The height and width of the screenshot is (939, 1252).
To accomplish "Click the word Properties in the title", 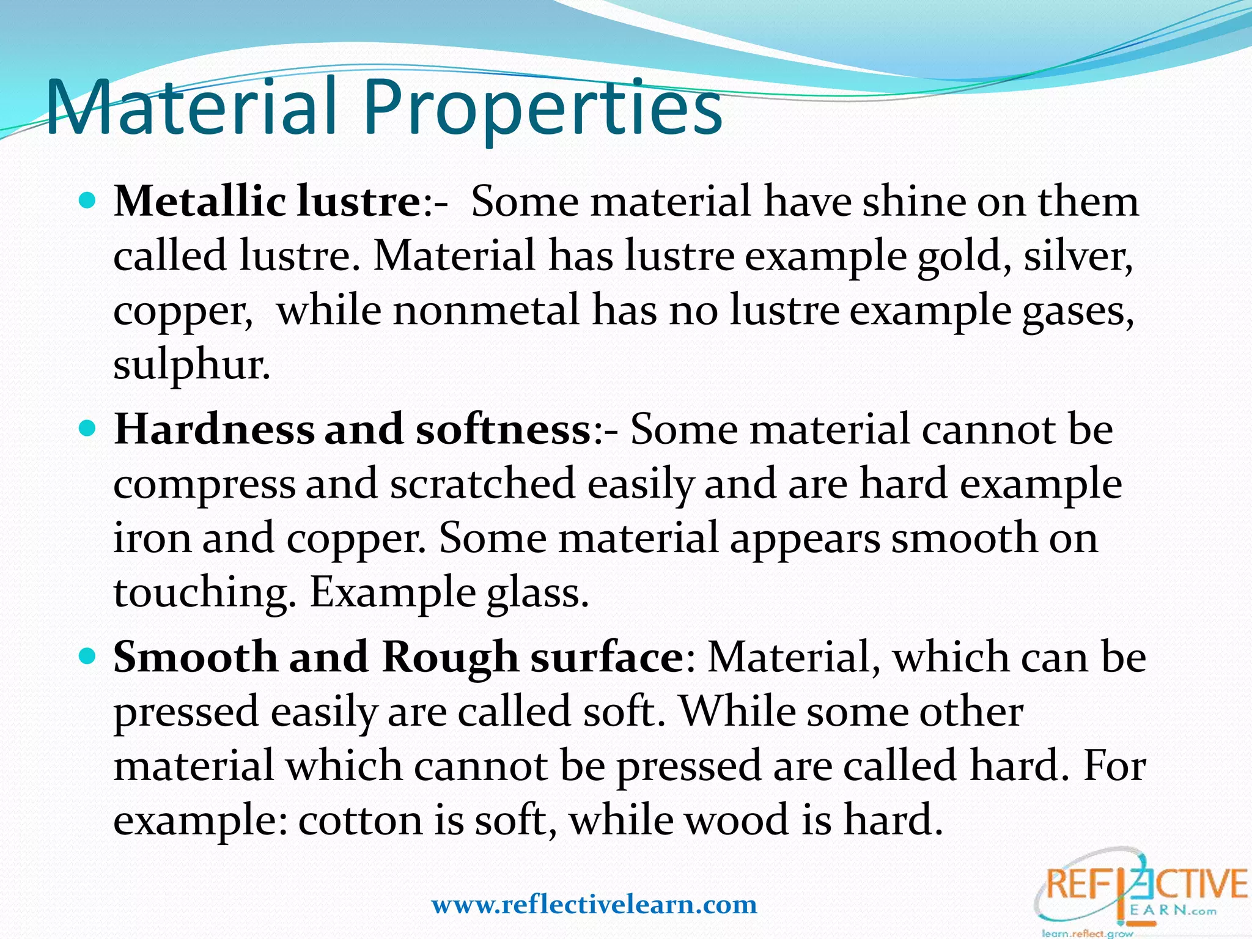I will click(x=543, y=109).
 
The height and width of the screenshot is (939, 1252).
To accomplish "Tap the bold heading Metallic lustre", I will click(x=267, y=201).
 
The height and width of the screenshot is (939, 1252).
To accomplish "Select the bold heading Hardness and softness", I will click(x=352, y=429).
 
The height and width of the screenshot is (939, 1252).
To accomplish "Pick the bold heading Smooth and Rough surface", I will click(x=398, y=657).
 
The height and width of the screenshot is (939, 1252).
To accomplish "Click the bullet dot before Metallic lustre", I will click(x=88, y=200).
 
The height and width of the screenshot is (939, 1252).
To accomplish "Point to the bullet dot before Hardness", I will click(x=88, y=428).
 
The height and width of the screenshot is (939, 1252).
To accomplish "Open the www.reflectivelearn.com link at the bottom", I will click(x=594, y=904).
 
